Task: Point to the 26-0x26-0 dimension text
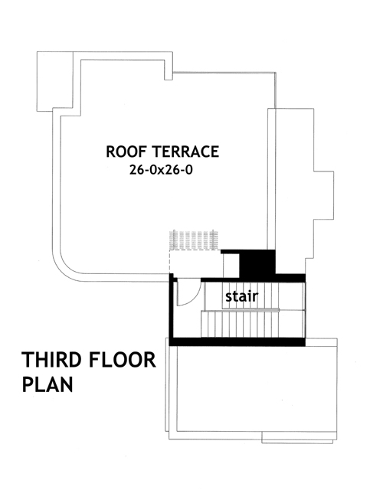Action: [x=163, y=171]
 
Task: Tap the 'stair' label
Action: [x=241, y=296]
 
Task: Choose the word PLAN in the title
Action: [x=47, y=384]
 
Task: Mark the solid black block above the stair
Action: [x=256, y=263]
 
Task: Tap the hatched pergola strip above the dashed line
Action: [x=196, y=240]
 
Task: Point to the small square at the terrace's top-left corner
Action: [x=54, y=80]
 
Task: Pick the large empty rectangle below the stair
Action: [x=253, y=390]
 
